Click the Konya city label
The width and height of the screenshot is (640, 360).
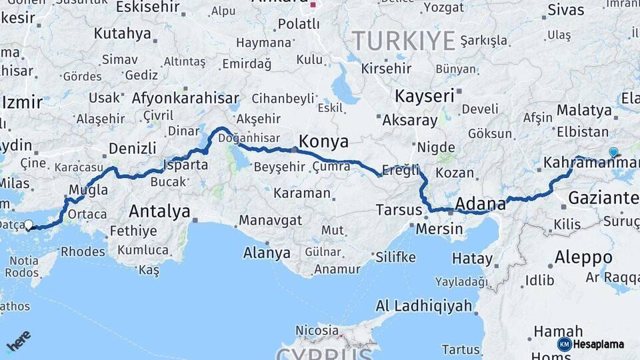pos(323,141)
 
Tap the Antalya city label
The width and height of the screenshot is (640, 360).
pos(159,211)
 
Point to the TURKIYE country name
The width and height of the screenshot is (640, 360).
pos(403,41)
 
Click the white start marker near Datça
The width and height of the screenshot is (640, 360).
pos(28,225)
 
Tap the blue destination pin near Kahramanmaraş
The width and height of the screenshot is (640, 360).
pos(613,152)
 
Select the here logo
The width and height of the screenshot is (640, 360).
pos(18,341)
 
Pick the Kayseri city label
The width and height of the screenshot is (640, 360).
pos(424,96)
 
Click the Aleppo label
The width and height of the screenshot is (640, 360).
pos(583,258)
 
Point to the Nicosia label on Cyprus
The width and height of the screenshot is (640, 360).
pos(317,330)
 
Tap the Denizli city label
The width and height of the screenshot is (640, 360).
pos(132,148)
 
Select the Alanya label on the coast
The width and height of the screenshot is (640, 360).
pos(267,253)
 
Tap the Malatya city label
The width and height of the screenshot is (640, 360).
pos(584,109)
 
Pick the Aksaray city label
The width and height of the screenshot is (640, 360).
pos(410,121)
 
